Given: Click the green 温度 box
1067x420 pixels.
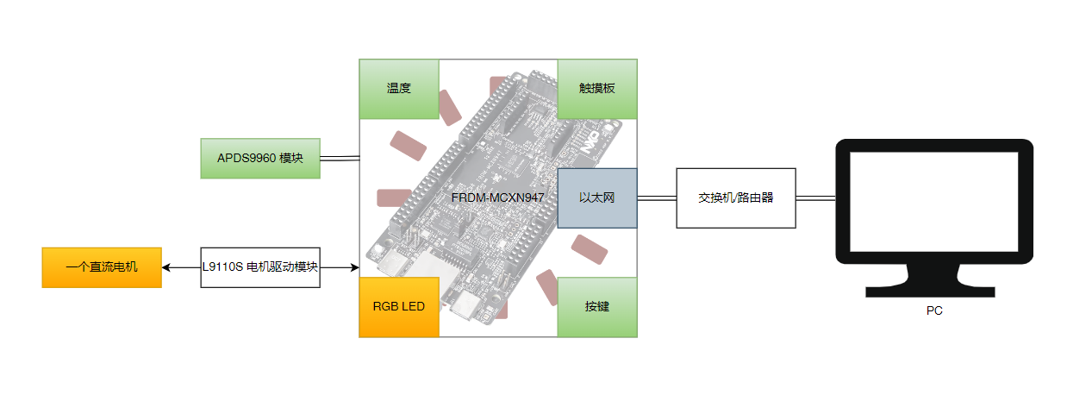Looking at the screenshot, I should tap(399, 89).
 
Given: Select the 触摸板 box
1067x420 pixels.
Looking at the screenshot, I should tap(597, 89).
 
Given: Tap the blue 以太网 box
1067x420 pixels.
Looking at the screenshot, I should tap(597, 198).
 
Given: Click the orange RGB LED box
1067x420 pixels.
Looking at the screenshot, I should tap(398, 307).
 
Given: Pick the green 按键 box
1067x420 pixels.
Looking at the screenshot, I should tap(597, 307).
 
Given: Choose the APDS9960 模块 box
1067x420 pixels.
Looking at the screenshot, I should tap(260, 159).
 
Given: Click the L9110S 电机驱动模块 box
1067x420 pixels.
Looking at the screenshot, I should tap(260, 267).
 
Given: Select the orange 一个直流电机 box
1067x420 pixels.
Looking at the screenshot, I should tap(102, 267).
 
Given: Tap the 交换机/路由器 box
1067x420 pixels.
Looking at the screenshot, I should tap(736, 198).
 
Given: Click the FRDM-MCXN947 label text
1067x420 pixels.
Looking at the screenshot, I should tap(497, 198).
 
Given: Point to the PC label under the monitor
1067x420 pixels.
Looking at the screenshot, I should tap(934, 311).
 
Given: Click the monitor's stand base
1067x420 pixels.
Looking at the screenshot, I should tap(934, 290).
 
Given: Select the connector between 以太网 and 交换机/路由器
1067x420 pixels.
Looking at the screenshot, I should tap(657, 198).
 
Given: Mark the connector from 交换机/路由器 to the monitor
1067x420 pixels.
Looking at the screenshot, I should tap(815, 198).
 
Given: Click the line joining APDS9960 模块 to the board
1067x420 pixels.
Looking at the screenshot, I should tap(340, 159).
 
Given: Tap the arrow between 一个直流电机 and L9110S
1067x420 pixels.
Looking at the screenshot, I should tap(181, 267).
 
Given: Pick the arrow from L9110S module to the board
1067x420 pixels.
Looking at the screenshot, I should tap(340, 267).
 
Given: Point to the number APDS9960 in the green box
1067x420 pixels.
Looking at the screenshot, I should tap(246, 159).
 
